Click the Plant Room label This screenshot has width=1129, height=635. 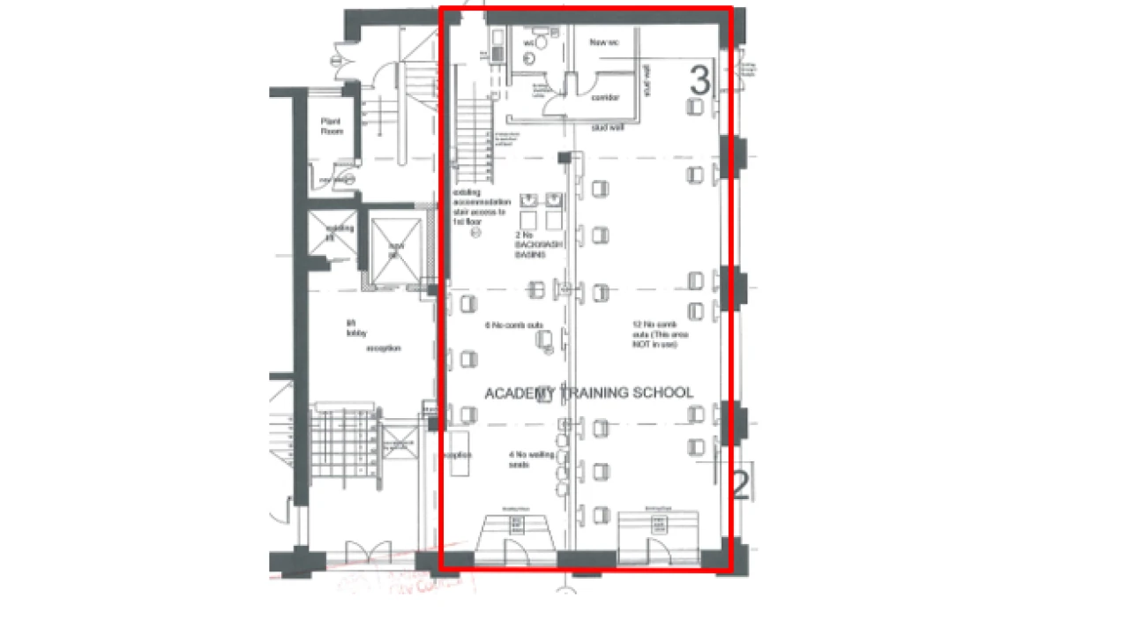point(332,126)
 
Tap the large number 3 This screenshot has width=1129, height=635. point(699,80)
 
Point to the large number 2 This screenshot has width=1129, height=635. point(740,484)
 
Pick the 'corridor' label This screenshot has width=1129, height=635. point(605,97)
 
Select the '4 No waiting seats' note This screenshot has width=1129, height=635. point(520,459)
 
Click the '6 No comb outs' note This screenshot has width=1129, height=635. point(507,325)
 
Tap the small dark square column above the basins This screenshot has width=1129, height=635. point(564,158)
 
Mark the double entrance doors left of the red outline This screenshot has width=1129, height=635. point(368,553)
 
